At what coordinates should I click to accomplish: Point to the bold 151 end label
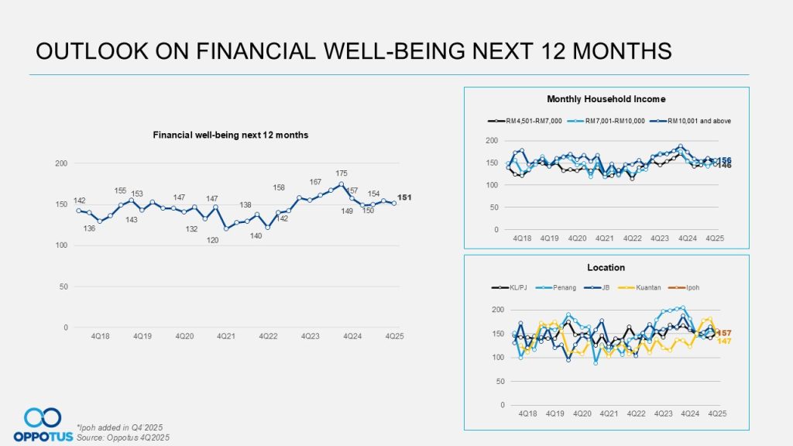tap(404, 197)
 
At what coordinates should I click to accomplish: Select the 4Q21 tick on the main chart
tap(225, 337)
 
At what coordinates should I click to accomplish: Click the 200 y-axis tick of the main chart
tap(61, 163)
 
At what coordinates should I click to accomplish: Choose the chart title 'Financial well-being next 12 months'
tap(230, 135)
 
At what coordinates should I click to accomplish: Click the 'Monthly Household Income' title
tap(606, 99)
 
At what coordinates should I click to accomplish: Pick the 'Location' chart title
tap(606, 268)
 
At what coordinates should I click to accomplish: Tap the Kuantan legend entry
tap(647, 287)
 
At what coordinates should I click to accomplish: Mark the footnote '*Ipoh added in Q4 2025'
tap(120, 427)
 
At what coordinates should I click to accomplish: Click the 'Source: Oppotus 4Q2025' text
tap(123, 437)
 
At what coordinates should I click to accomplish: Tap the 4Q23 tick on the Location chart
tap(662, 414)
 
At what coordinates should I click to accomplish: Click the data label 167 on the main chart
tap(315, 182)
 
